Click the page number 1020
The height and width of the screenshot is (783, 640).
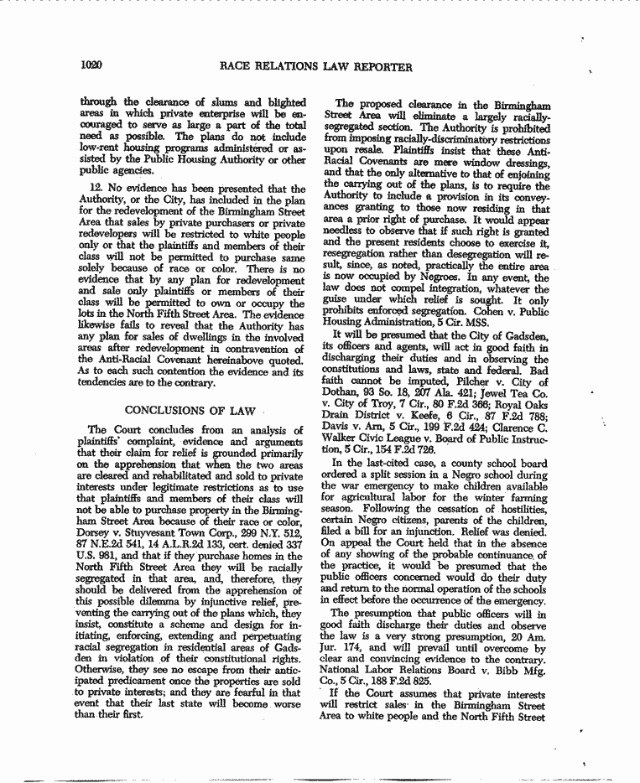(x=92, y=66)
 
